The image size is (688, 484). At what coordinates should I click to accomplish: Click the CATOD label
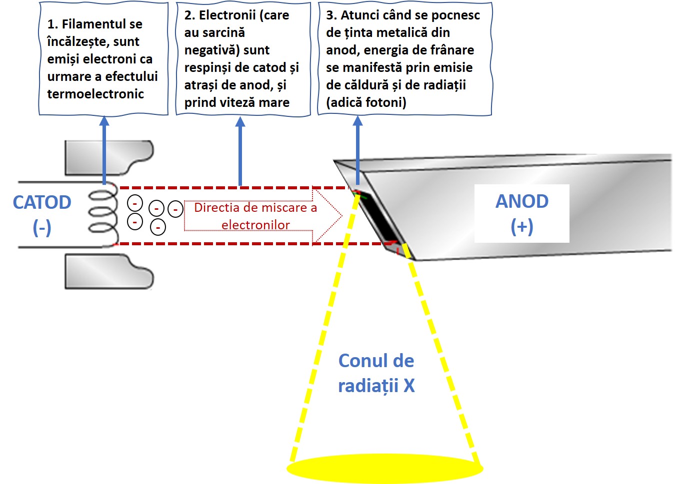[x=42, y=202]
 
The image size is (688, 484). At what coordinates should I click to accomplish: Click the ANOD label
[x=521, y=201]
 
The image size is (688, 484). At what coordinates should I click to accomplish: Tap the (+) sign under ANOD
[x=521, y=226]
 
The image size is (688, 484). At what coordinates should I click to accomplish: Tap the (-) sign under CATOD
[x=42, y=228]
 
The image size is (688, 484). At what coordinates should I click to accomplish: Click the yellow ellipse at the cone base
[x=384, y=469]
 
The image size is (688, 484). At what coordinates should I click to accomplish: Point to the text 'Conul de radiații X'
[x=376, y=373]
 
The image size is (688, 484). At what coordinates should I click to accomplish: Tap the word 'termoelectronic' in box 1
[x=95, y=94]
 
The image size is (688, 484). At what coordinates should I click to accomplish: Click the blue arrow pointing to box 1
[x=104, y=150]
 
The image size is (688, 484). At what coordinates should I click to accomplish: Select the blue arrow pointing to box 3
[x=357, y=150]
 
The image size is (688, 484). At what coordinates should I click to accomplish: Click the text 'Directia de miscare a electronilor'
[x=255, y=216]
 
